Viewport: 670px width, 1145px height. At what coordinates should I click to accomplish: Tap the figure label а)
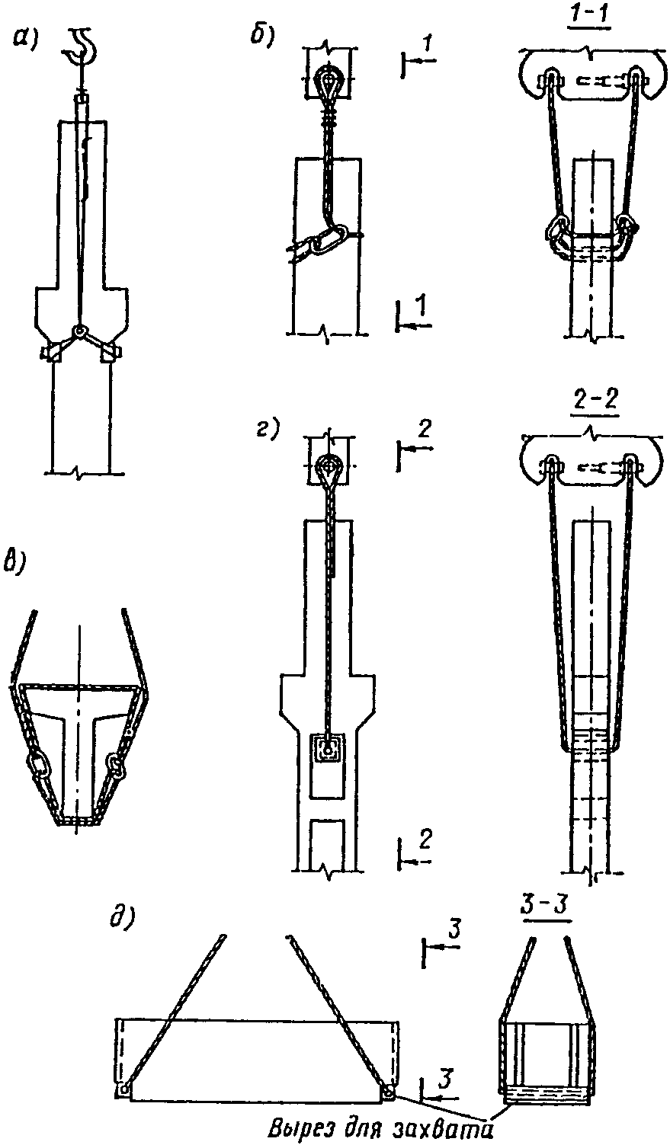point(26,39)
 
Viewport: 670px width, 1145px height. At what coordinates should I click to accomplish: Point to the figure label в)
point(16,563)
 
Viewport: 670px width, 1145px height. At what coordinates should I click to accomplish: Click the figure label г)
point(266,430)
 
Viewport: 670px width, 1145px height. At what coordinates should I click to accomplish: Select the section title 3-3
point(547,906)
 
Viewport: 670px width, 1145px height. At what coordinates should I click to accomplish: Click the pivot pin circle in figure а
point(79,331)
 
